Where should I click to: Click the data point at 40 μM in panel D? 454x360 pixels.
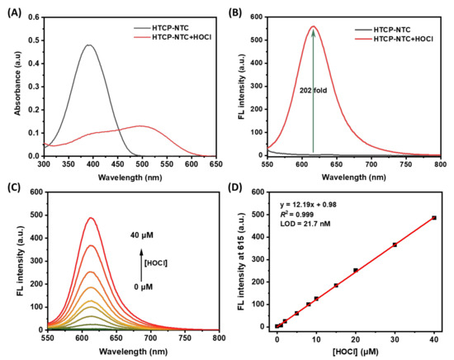[x=434, y=218]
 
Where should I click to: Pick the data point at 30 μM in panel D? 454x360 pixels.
[x=395, y=244]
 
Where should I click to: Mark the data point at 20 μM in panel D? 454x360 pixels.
[x=356, y=270]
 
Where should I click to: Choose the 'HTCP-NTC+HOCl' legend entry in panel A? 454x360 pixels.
[x=171, y=36]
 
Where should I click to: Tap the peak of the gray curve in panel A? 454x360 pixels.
[x=89, y=45]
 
